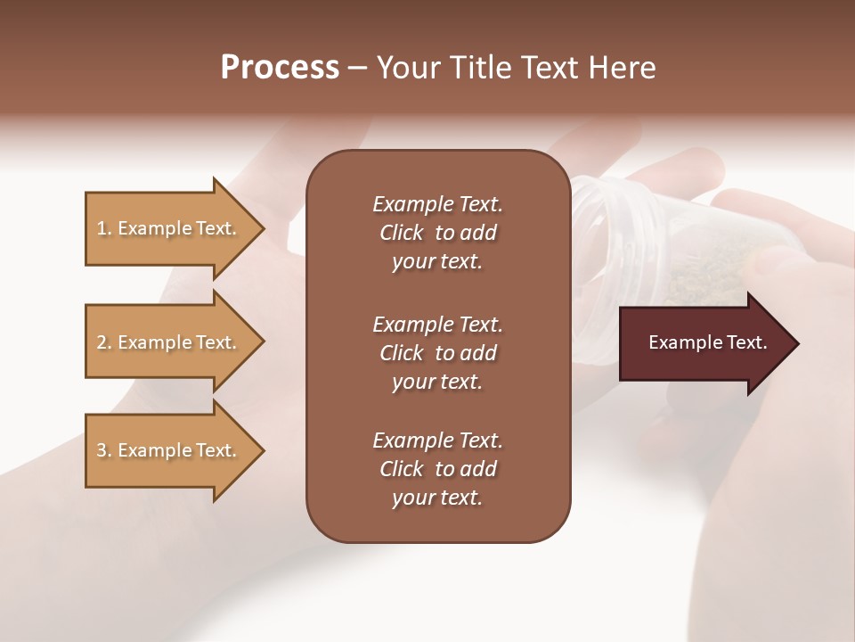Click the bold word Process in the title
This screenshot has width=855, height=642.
[x=280, y=68]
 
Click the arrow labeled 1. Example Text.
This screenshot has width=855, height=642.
[x=169, y=228]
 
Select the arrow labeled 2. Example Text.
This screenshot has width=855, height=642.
[x=169, y=342]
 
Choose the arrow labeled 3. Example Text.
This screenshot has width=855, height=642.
[x=169, y=450]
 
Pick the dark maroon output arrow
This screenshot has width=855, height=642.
[x=704, y=343]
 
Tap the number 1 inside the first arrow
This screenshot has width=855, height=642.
[x=102, y=228]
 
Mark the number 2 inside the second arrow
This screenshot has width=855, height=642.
[x=102, y=342]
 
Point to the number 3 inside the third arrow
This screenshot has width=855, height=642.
[x=102, y=450]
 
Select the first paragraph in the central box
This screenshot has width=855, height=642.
[x=437, y=233]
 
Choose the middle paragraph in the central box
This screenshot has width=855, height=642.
[x=437, y=353]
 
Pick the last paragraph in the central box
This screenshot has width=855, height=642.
[x=437, y=469]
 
